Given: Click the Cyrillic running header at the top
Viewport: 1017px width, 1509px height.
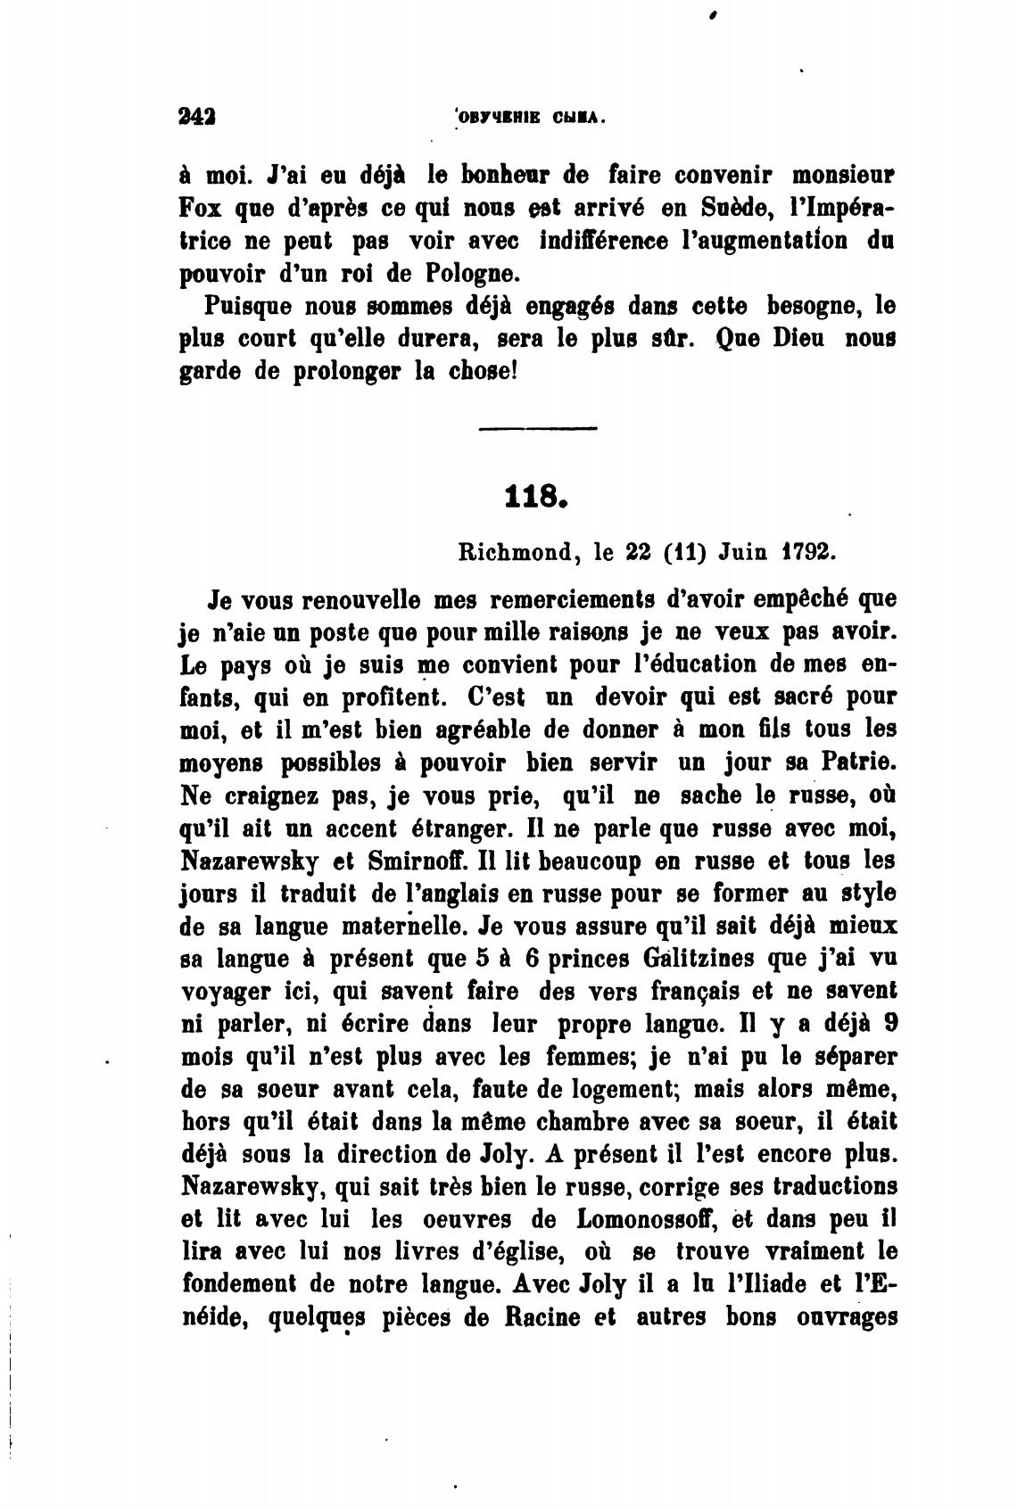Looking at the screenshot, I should tap(531, 117).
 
